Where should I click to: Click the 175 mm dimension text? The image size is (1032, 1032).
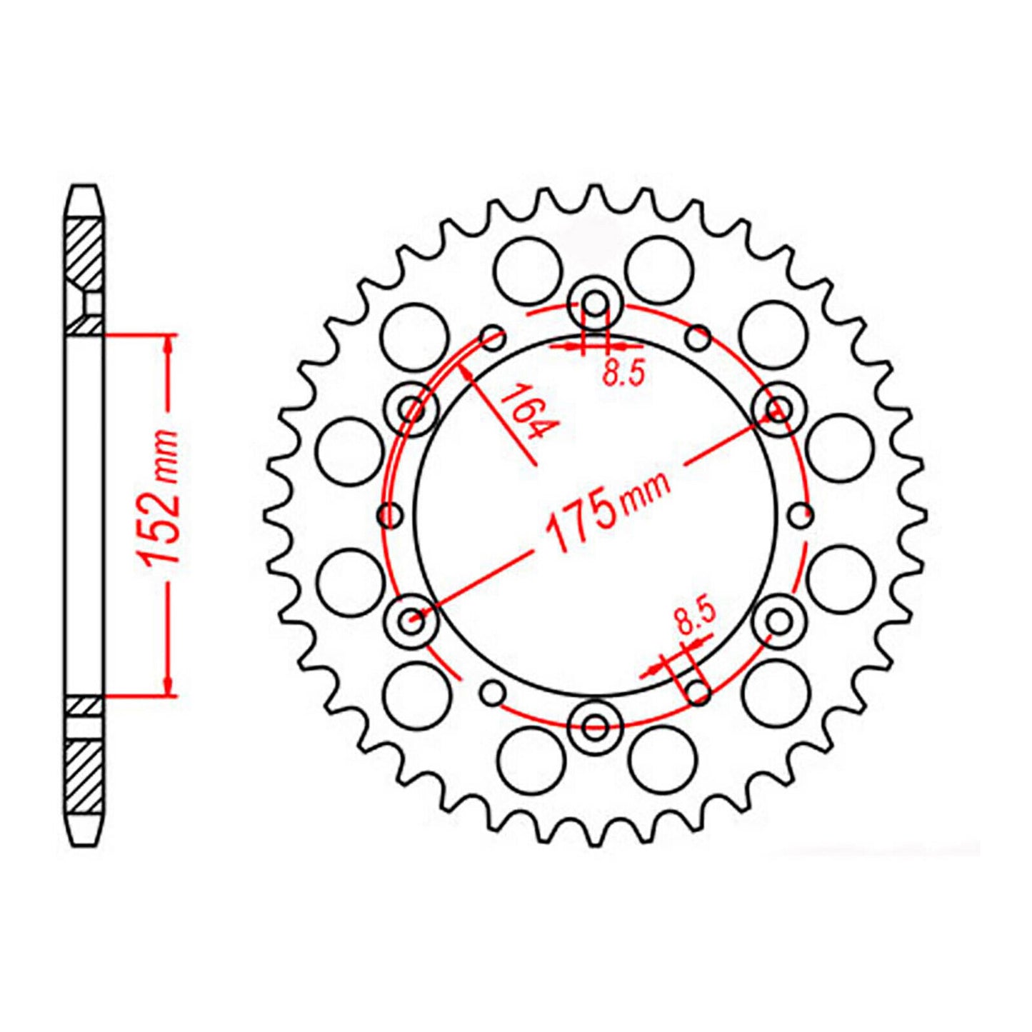coord(607,514)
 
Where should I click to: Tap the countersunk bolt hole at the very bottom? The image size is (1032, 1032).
coord(595,726)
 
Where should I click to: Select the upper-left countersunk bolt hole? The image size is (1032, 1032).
coord(411,409)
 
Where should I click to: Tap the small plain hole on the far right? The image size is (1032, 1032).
coord(801,513)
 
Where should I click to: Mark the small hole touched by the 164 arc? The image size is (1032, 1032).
coord(493,337)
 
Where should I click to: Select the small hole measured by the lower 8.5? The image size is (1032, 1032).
coord(698,691)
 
